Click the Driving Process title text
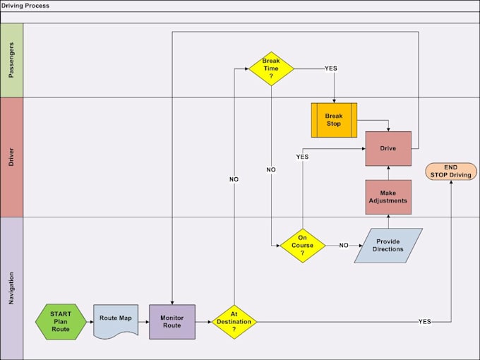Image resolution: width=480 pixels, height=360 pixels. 25,6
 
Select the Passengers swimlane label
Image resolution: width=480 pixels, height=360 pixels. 11,60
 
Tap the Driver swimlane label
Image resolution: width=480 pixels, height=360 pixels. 11,157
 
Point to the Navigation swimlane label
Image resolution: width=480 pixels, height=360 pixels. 11,288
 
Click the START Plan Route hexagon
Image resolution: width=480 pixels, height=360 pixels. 61,322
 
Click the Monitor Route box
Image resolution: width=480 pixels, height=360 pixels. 172,322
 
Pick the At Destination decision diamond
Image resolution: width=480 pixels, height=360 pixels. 234,322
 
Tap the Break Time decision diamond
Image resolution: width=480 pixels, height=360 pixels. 271,68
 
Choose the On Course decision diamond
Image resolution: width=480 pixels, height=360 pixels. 303,245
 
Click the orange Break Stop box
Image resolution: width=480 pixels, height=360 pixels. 334,120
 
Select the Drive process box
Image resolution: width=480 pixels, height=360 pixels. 388,149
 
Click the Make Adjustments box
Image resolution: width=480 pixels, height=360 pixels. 388,197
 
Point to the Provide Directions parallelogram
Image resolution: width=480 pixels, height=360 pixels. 388,246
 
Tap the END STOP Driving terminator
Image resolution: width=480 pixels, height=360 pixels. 450,172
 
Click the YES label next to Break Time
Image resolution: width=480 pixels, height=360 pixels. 331,68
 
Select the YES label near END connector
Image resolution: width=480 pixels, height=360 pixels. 424,322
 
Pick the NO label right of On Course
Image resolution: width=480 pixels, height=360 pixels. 344,246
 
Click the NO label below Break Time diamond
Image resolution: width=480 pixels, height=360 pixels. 271,170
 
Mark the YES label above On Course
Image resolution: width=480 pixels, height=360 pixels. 302,157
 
